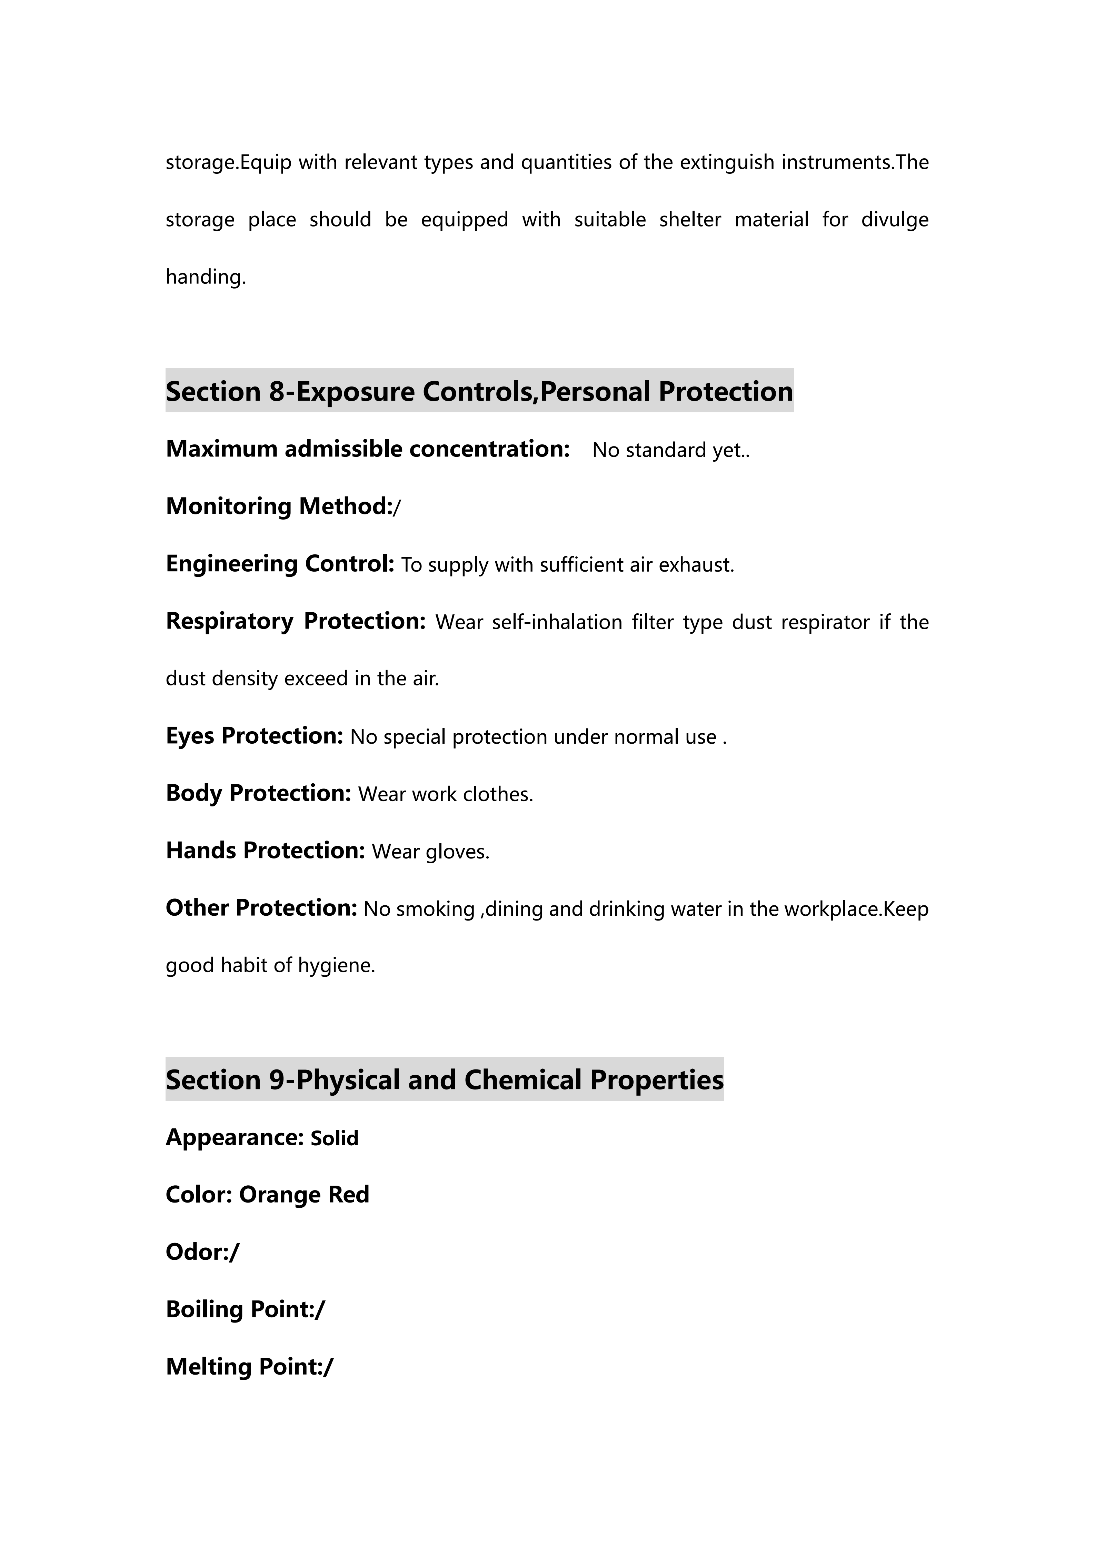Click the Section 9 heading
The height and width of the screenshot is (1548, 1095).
444,1079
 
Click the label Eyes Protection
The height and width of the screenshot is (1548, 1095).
254,736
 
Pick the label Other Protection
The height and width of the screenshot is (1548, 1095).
261,907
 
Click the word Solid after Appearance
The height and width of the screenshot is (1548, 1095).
335,1138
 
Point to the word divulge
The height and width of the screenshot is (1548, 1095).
895,220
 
